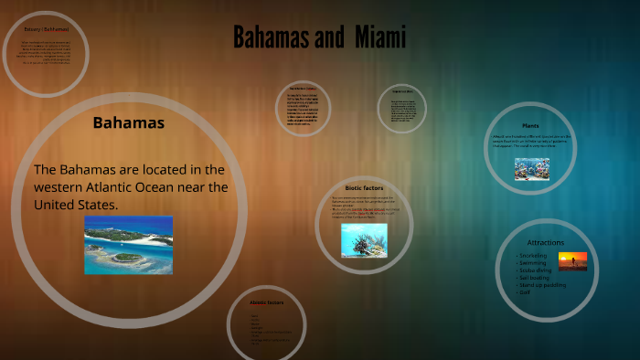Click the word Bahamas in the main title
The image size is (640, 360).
[x=268, y=37]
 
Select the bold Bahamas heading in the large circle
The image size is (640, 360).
[x=129, y=122]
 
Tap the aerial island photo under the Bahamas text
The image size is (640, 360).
[x=129, y=244]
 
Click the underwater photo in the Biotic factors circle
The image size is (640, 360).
[x=364, y=240]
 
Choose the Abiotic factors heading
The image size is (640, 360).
[x=266, y=302]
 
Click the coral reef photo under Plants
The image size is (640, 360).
[x=531, y=168]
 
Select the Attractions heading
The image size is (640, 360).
[x=546, y=242]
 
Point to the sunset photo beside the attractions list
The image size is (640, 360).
[x=572, y=261]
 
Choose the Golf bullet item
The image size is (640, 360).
[x=525, y=292]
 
